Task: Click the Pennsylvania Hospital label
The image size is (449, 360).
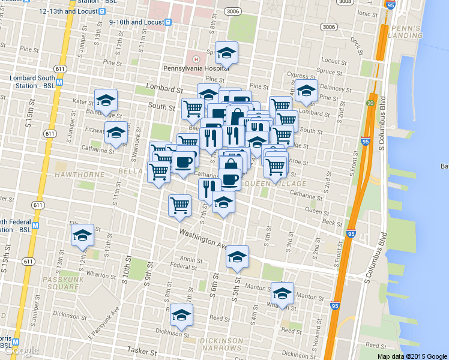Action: coord(196,68)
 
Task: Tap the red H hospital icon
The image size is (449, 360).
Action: coord(196,58)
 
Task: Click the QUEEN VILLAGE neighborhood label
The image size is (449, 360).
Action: coord(277,184)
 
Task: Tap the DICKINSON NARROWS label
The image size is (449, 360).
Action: coord(221,345)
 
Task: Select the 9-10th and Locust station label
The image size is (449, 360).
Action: coord(136,22)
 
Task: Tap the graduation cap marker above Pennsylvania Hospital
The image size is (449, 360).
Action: coord(226,53)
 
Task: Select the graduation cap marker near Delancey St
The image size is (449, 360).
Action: coord(306,91)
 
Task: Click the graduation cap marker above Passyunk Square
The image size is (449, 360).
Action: coord(82,235)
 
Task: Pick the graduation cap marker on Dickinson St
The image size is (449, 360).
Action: coord(181,314)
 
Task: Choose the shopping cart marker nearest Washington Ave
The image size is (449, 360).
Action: coord(179,205)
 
